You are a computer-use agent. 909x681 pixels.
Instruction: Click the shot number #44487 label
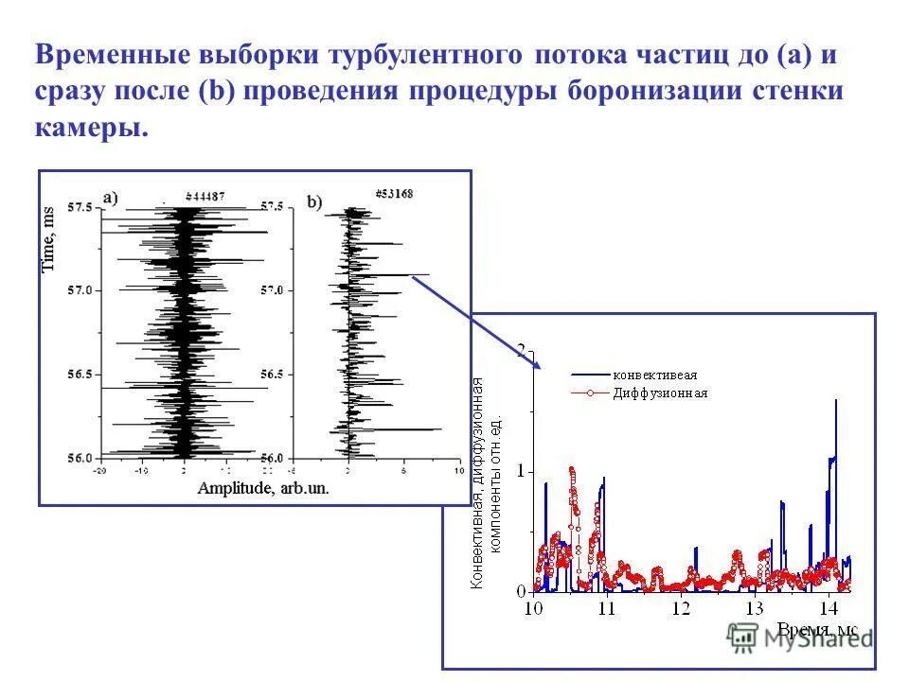point(205,196)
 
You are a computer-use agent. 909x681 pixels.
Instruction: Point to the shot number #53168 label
point(393,193)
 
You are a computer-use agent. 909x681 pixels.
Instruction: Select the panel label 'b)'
point(314,201)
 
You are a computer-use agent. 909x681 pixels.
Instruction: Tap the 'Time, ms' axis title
point(50,239)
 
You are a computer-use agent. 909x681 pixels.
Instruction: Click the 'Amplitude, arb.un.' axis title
point(262,489)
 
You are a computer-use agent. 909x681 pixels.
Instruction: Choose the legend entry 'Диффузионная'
point(659,393)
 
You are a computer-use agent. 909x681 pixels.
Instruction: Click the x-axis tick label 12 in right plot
point(681,608)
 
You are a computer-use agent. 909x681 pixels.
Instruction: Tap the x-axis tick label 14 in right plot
point(829,608)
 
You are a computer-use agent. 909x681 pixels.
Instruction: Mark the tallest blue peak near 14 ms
point(836,401)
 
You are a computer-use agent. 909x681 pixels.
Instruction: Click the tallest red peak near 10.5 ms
point(572,469)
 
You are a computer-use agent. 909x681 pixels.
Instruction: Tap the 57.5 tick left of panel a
point(80,207)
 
